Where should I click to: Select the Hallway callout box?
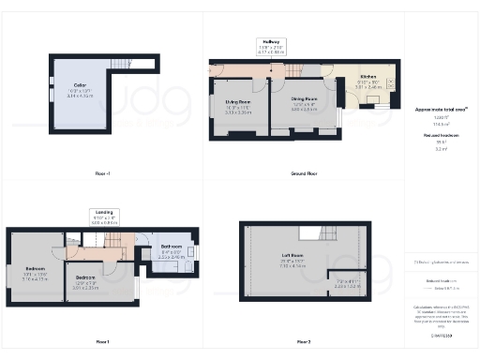[272, 47]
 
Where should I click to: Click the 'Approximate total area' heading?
[441, 109]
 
